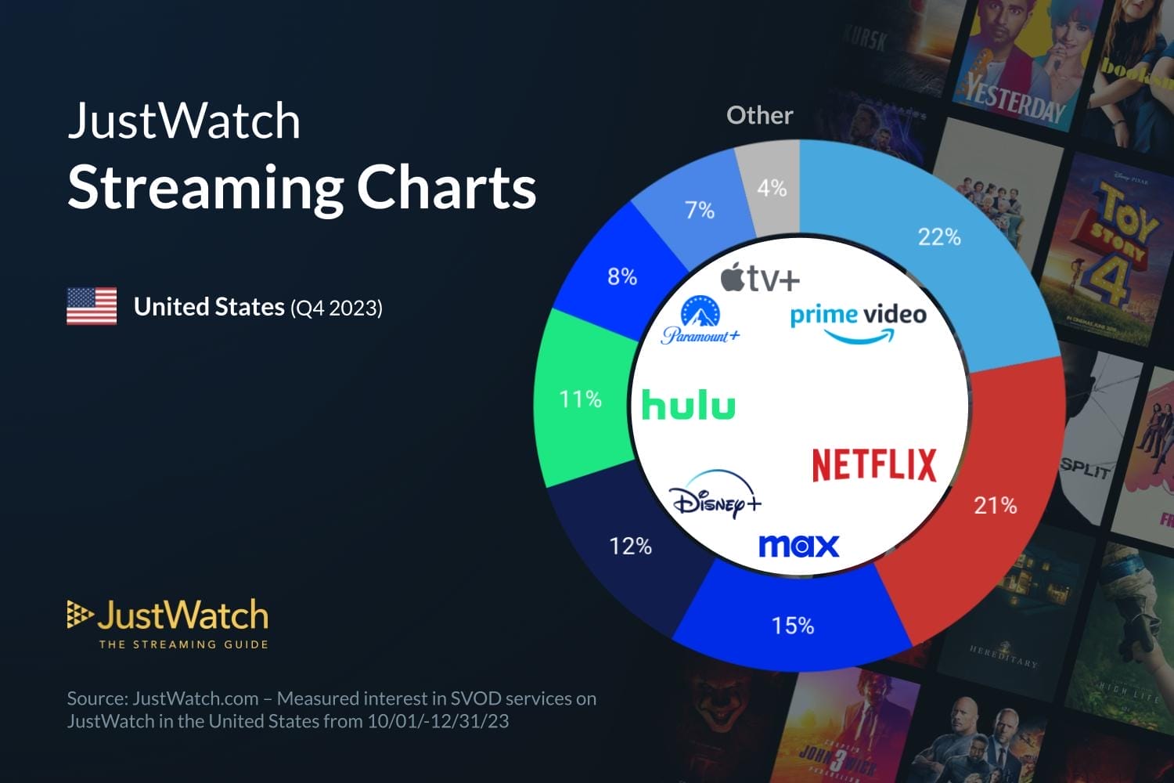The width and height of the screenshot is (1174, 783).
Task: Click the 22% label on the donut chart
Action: point(938,236)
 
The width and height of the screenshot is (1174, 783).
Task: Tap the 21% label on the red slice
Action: point(995,505)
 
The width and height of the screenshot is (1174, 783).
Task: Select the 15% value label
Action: point(792,626)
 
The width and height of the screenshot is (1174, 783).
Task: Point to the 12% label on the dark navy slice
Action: point(630,546)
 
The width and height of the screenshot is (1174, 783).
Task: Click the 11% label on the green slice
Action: point(580,399)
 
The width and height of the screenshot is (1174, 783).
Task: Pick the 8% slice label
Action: point(622,276)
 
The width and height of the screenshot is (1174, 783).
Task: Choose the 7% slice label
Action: point(700,210)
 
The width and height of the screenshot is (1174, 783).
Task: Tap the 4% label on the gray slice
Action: point(772,188)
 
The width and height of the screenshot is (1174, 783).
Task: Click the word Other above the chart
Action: point(759,115)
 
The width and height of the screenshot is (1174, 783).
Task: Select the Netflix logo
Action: point(874,464)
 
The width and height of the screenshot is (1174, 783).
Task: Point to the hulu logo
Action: point(688,406)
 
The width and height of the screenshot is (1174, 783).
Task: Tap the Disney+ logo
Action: point(715,495)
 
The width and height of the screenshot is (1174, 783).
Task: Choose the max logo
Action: point(798,546)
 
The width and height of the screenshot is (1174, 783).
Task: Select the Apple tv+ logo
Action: point(760,277)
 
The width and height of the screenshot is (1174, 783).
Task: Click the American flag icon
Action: point(92,306)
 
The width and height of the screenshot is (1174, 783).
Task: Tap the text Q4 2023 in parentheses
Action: point(337,308)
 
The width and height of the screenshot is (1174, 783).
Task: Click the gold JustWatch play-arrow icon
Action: point(79,615)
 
